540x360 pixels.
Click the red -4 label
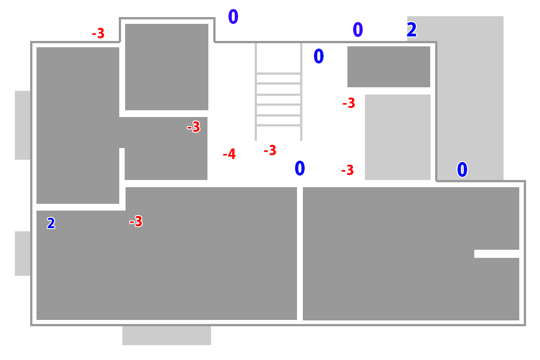pyautogui.click(x=229, y=154)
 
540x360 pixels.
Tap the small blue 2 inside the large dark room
pyautogui.click(x=51, y=223)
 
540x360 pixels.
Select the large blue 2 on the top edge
pyautogui.click(x=412, y=30)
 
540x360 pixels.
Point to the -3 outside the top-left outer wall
pyautogui.click(x=98, y=33)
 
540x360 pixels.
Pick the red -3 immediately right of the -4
pyautogui.click(x=270, y=150)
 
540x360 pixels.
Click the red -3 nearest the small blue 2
pyautogui.click(x=136, y=221)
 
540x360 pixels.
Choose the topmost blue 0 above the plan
pyautogui.click(x=233, y=17)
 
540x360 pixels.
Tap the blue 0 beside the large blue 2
pyautogui.click(x=358, y=30)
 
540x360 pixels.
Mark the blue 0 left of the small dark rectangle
pyautogui.click(x=319, y=57)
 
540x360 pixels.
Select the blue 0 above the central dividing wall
pyautogui.click(x=300, y=169)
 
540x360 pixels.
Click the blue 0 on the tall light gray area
pyautogui.click(x=462, y=170)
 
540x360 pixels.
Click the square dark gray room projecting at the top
pyautogui.click(x=166, y=67)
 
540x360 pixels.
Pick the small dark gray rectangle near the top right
pyautogui.click(x=388, y=67)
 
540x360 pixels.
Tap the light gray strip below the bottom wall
pyautogui.click(x=166, y=336)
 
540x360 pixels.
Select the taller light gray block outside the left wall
pyautogui.click(x=22, y=125)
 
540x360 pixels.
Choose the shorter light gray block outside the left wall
pyautogui.click(x=22, y=253)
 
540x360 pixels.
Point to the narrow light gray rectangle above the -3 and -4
pyautogui.click(x=278, y=89)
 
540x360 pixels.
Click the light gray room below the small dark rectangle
pyautogui.click(x=398, y=137)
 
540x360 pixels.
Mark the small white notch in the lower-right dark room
pyautogui.click(x=496, y=254)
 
